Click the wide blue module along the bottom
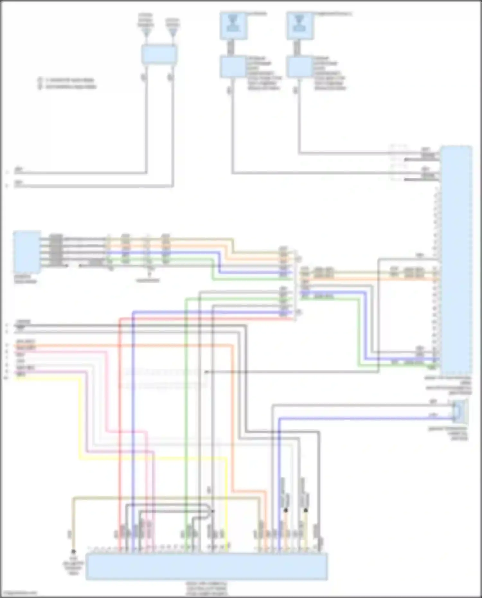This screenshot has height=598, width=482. click(x=207, y=566)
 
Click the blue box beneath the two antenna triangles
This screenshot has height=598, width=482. click(x=159, y=54)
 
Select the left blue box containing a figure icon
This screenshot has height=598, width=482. click(x=234, y=26)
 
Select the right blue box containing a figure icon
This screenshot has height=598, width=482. click(x=300, y=26)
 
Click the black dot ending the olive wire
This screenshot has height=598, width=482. click(x=73, y=551)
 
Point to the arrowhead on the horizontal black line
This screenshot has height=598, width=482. click(x=207, y=372)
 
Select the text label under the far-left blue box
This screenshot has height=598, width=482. click(x=25, y=279)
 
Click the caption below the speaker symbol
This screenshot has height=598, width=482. click(x=448, y=433)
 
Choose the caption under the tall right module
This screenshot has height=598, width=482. click(x=448, y=386)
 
